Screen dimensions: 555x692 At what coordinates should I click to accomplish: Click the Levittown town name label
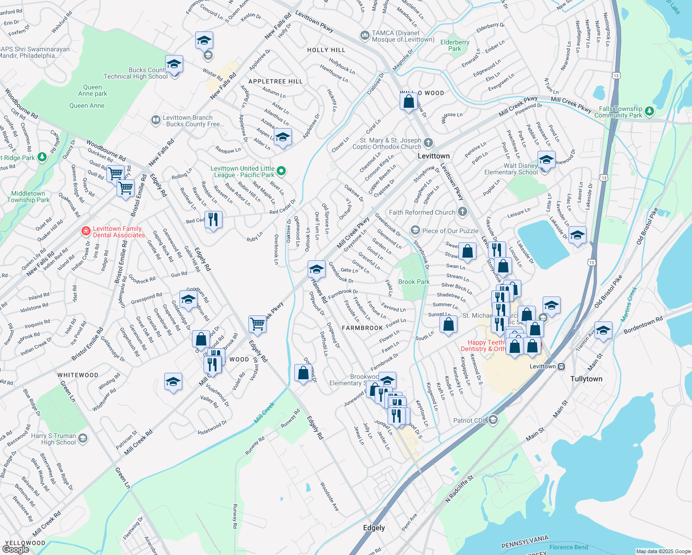point(433,156)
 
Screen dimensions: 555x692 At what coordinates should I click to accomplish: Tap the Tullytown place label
point(586,379)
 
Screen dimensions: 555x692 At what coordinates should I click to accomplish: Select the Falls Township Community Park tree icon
point(649,111)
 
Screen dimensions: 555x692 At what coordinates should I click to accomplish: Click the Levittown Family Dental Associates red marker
point(86,231)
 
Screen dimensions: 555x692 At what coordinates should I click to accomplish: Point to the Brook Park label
point(414,282)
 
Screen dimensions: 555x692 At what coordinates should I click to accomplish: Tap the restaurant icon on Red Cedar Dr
point(213,219)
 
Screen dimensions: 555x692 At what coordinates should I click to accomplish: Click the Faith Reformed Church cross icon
point(462,212)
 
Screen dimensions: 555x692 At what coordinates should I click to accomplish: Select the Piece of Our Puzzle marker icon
point(415,230)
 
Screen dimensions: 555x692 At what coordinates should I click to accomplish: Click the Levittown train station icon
point(561,366)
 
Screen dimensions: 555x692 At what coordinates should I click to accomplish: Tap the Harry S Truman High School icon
point(83,438)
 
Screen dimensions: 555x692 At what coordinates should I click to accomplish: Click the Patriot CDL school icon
point(493,420)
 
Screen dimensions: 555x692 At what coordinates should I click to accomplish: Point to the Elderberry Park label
point(455,45)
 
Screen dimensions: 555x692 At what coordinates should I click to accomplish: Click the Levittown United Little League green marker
point(281,172)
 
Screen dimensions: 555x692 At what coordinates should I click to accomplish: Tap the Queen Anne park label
point(93,90)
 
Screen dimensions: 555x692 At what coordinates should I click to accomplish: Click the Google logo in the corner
point(15,549)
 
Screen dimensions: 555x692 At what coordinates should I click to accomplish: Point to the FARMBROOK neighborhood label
point(362,328)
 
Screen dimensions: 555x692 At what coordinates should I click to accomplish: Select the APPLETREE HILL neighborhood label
point(275,81)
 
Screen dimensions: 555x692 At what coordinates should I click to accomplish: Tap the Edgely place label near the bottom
point(374,528)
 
